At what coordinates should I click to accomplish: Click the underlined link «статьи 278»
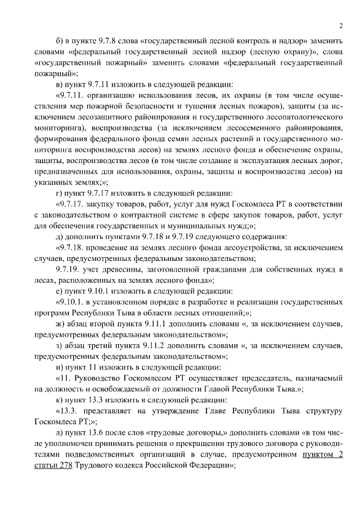click(56, 466)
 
